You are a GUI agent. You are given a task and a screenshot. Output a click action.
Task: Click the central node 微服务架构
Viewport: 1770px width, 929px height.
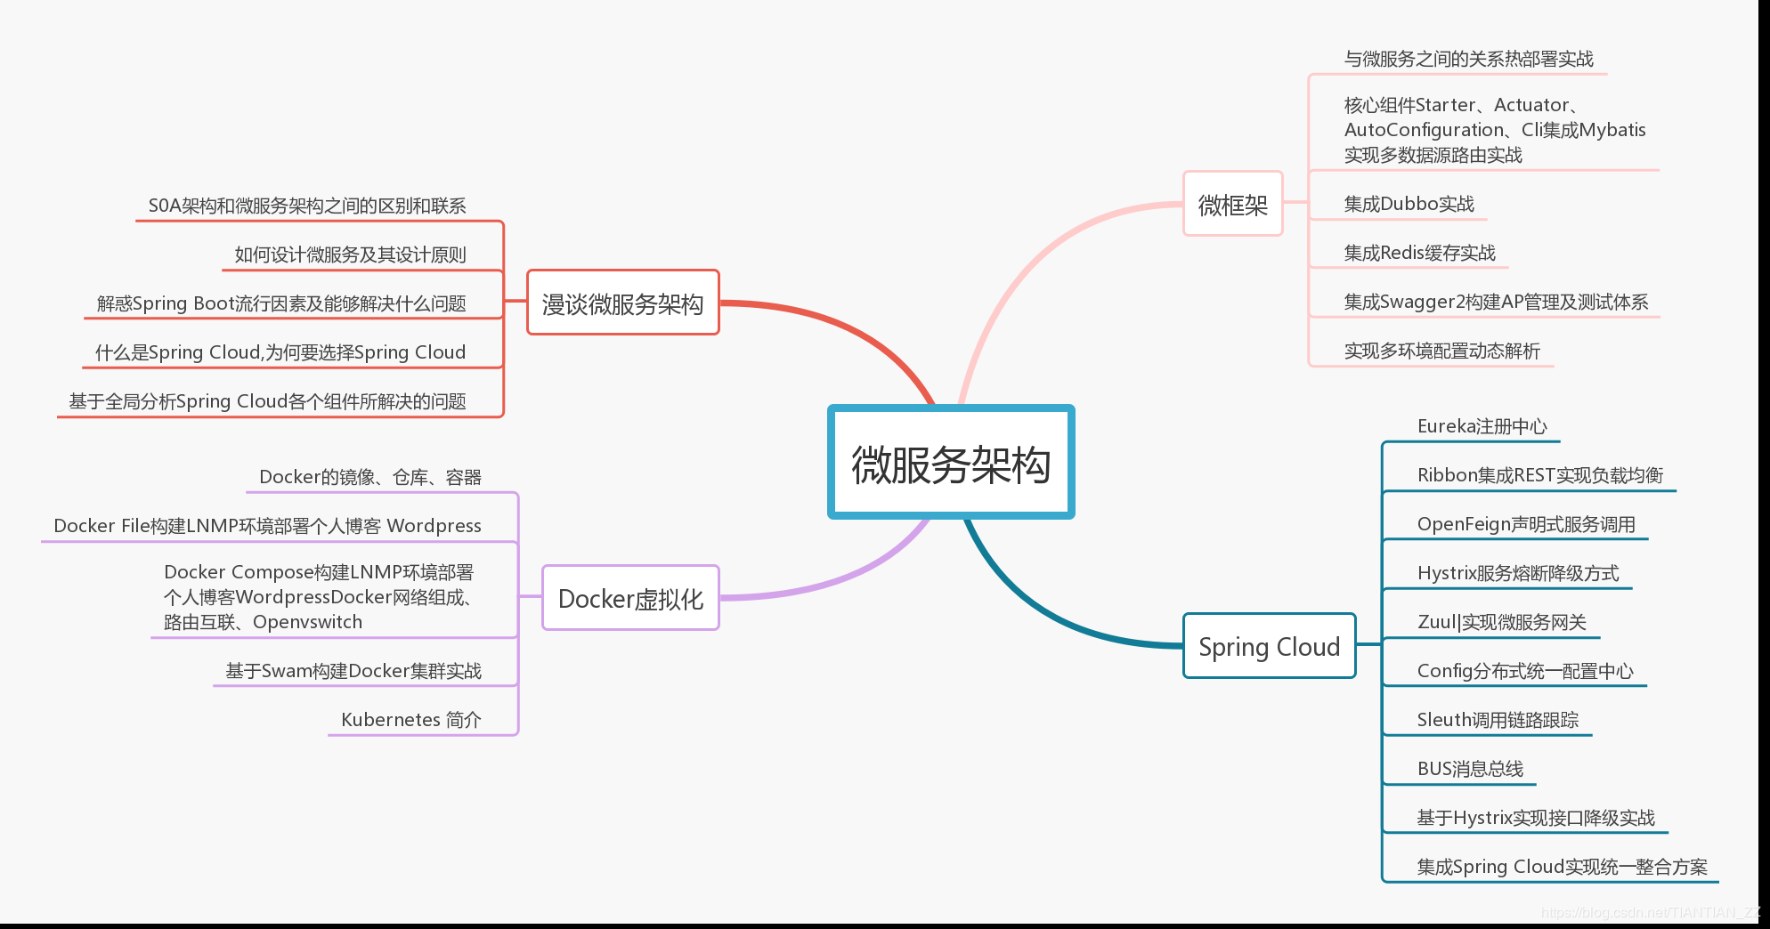[x=951, y=463]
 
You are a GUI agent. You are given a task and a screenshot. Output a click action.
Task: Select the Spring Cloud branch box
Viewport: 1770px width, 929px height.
[x=1269, y=646]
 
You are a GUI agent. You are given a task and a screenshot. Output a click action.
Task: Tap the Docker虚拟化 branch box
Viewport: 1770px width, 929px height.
[x=630, y=598]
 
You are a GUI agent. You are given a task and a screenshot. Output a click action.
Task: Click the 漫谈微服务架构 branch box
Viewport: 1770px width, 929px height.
[x=622, y=303]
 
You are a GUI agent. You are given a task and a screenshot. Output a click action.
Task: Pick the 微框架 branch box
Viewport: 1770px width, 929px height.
[x=1232, y=205]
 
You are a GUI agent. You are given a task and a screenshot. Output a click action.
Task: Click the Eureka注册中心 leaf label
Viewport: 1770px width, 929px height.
[x=1482, y=426]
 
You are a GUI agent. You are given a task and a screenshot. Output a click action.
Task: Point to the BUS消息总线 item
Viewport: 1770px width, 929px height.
[x=1470, y=768]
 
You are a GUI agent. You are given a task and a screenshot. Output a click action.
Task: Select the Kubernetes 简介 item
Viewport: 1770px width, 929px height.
[x=410, y=719]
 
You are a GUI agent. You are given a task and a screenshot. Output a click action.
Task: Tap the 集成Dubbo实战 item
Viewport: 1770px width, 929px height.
[x=1409, y=204]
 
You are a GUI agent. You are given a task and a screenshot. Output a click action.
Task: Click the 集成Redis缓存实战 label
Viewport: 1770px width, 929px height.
[x=1419, y=253]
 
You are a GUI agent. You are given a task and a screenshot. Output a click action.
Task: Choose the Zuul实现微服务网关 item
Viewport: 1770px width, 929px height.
[x=1501, y=621]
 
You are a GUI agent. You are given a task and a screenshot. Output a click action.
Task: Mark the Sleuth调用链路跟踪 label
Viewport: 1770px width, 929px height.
[x=1498, y=719]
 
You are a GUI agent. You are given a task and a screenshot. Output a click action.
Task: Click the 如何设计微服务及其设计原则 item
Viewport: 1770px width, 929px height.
[x=350, y=254]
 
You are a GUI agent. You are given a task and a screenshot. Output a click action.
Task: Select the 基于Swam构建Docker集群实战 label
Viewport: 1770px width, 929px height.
[x=353, y=670]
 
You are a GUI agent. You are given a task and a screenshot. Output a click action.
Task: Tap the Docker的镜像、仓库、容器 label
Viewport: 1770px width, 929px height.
[x=369, y=477]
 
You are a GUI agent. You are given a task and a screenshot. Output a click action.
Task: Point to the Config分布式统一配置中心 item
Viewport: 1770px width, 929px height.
[x=1524, y=670]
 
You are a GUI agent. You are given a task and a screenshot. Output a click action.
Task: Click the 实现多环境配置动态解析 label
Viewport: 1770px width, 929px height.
[x=1441, y=351]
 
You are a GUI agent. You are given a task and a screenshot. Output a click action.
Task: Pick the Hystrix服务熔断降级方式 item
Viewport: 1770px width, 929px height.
[x=1517, y=572]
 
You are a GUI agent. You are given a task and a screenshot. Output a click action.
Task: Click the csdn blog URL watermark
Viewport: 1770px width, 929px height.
[x=1650, y=912]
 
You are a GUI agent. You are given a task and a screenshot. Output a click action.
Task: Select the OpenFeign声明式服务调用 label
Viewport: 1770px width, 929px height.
[x=1525, y=523]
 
